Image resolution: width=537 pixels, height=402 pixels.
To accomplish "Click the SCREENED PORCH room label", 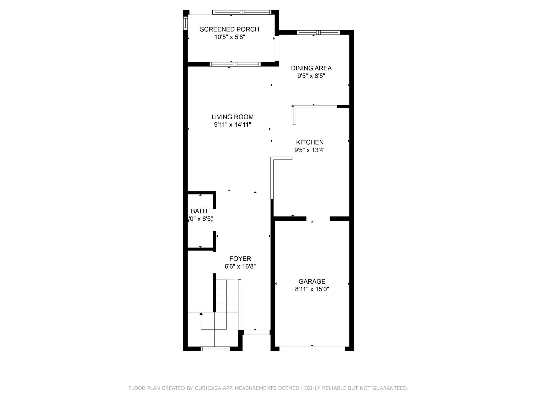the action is point(229,29).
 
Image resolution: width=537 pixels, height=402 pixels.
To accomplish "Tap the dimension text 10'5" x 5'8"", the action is point(230,37).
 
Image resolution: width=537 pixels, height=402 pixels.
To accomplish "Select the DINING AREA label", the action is point(311,68).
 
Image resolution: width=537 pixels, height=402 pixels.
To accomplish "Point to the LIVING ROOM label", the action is point(233,117).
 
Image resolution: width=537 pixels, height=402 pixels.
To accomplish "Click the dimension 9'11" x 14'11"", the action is point(233,125).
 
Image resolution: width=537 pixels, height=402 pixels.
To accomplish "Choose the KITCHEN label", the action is point(310,142).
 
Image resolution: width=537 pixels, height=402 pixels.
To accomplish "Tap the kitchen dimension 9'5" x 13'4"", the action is point(310,150).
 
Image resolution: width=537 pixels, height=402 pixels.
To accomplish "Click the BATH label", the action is point(199,211).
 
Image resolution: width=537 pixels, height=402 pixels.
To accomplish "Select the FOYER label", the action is point(240,259).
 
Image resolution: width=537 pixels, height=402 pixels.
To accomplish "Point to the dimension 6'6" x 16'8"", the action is point(240,266).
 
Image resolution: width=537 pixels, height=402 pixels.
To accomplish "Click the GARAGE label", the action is point(312,282).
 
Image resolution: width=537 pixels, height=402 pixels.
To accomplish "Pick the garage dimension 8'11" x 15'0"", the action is point(312,289).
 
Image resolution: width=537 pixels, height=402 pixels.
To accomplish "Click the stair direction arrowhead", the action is point(201,314).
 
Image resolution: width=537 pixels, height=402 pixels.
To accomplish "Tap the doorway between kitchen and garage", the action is point(318,219).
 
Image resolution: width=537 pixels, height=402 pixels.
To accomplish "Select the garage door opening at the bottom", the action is point(312,349).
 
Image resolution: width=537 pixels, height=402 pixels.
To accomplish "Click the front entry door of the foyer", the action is point(257,332).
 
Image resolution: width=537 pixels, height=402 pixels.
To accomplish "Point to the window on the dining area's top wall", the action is point(318,33).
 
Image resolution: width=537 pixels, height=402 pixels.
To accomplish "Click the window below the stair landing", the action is point(215,349).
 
